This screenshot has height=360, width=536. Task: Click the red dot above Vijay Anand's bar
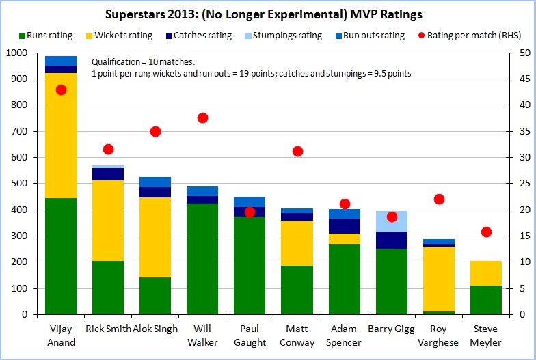pos(62,89)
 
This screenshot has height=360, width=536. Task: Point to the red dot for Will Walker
pos(202,117)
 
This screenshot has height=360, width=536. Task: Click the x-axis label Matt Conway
pos(297,335)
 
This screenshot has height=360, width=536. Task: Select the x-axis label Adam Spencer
pos(344,335)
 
